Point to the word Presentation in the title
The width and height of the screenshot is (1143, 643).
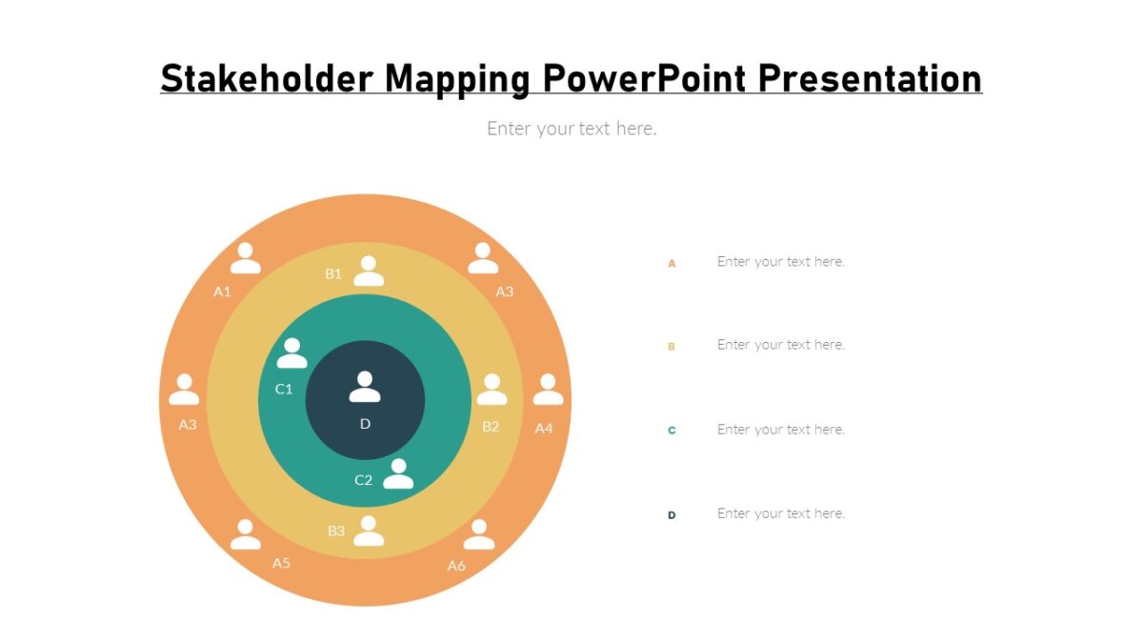870,78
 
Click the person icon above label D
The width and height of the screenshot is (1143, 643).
365,387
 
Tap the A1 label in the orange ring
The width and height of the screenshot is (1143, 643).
222,291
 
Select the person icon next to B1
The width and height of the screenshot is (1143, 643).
369,271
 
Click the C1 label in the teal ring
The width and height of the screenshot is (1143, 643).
284,389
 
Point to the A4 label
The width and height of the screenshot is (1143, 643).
543,429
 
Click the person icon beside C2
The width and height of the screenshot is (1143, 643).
398,473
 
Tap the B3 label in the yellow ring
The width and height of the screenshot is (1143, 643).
336,531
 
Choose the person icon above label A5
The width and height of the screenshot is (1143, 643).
246,534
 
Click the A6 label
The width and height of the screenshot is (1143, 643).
456,566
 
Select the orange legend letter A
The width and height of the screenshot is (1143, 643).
672,263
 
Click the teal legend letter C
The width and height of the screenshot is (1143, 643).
672,431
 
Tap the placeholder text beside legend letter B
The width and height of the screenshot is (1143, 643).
781,345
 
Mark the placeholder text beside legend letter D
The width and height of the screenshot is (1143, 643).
781,513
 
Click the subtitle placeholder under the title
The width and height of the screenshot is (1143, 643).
571,129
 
